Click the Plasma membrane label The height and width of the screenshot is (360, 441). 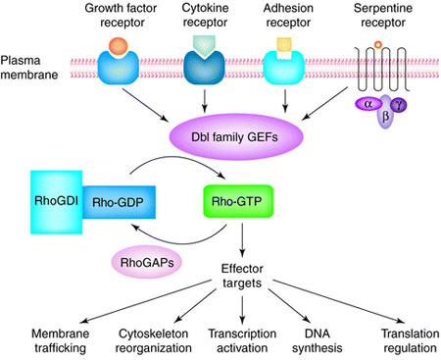27,74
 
